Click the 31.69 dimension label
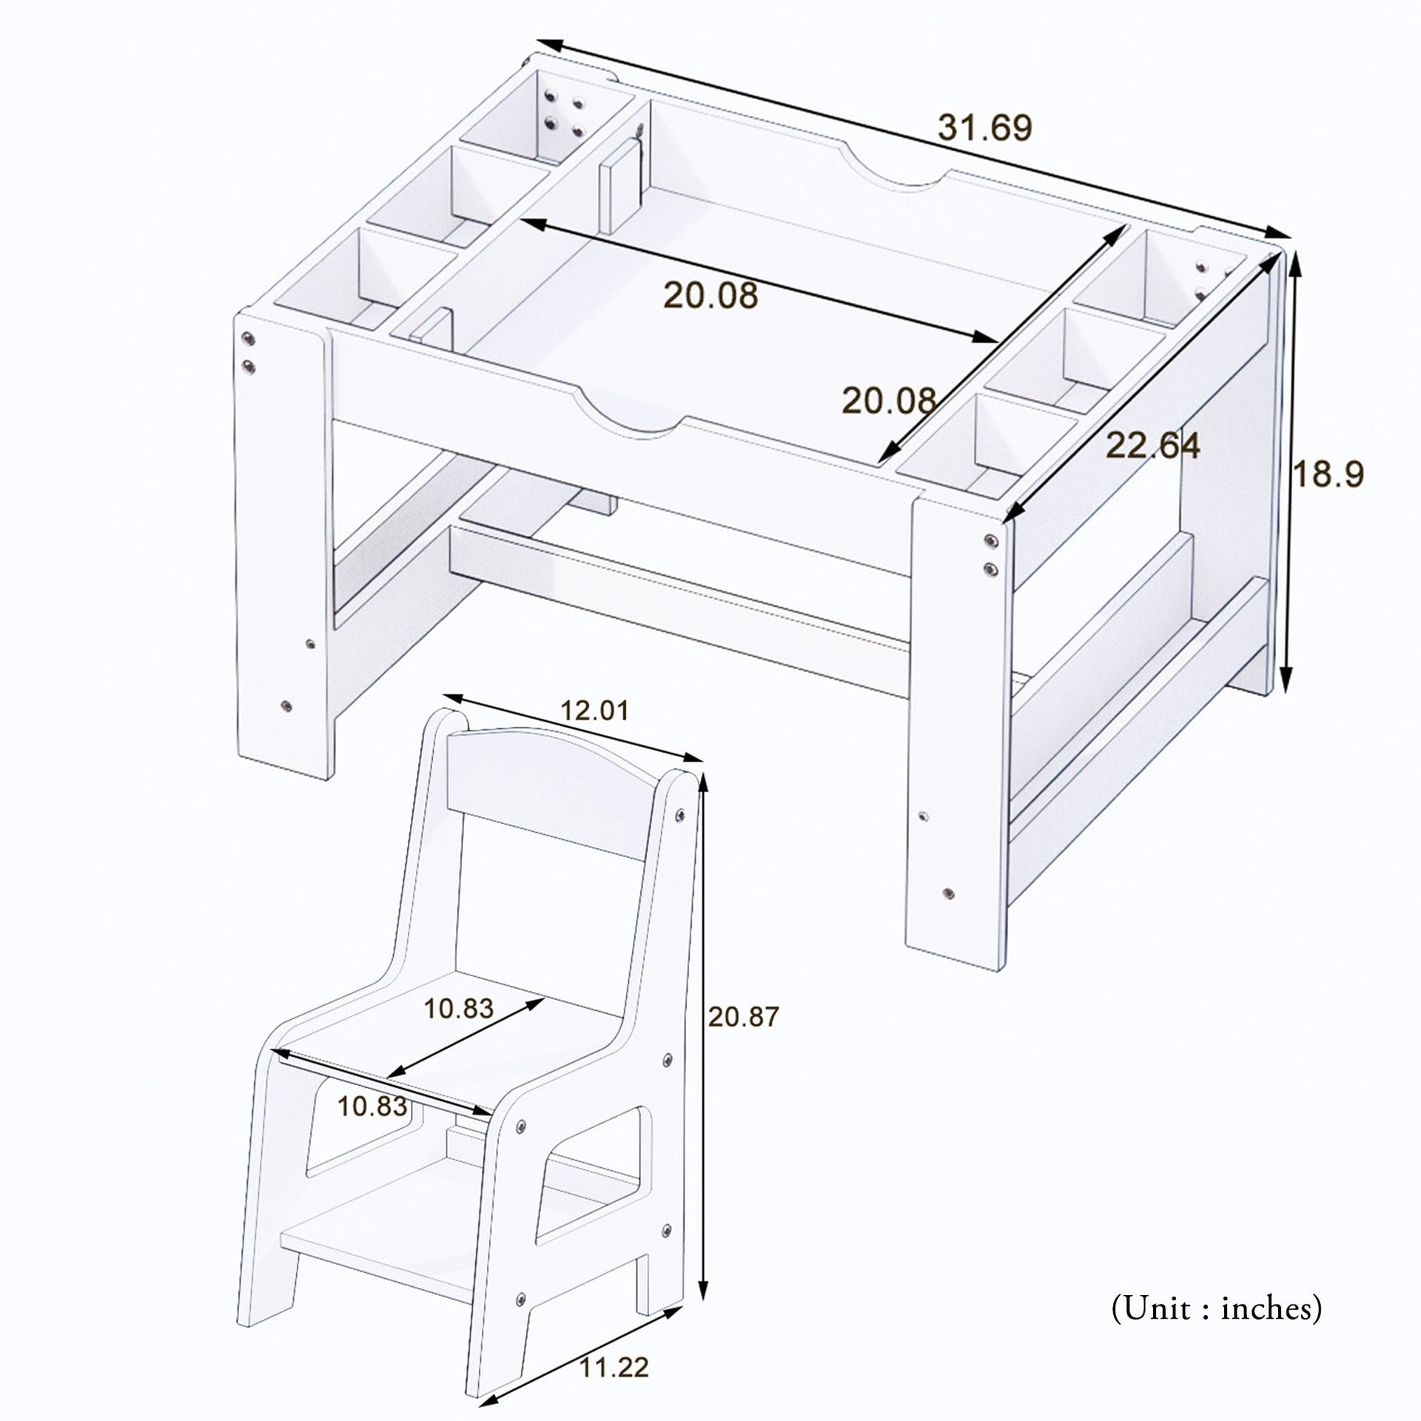(984, 129)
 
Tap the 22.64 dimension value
(1152, 446)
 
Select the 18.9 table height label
(1328, 474)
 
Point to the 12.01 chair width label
(594, 711)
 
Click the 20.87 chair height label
(743, 1017)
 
